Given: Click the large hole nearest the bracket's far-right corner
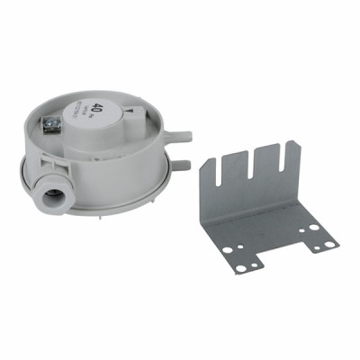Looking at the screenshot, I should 319,231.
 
